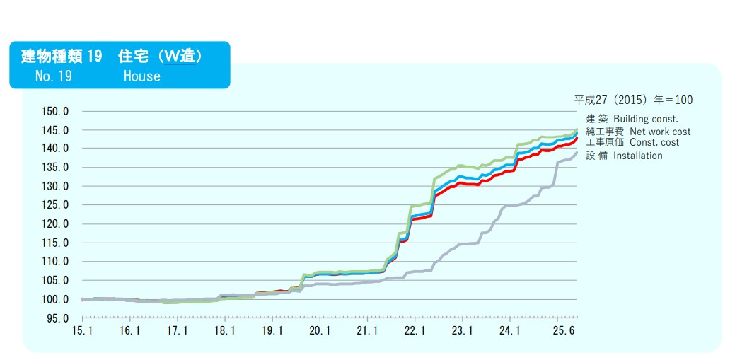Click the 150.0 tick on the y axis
[57, 111]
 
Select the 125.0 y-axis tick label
[57, 205]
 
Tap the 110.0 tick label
[57, 262]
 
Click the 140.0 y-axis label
[57, 149]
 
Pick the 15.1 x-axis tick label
[82, 330]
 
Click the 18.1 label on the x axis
[224, 330]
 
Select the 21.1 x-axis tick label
[366, 330]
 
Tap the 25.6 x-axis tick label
[560, 330]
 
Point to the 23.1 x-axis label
[462, 330]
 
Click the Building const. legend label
[645, 119]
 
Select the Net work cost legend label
[660, 132]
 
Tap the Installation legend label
[637, 156]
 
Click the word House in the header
[141, 76]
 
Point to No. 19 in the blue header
[53, 76]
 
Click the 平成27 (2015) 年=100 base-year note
[633, 100]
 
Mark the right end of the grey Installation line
[577, 152]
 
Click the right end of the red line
[577, 137]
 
